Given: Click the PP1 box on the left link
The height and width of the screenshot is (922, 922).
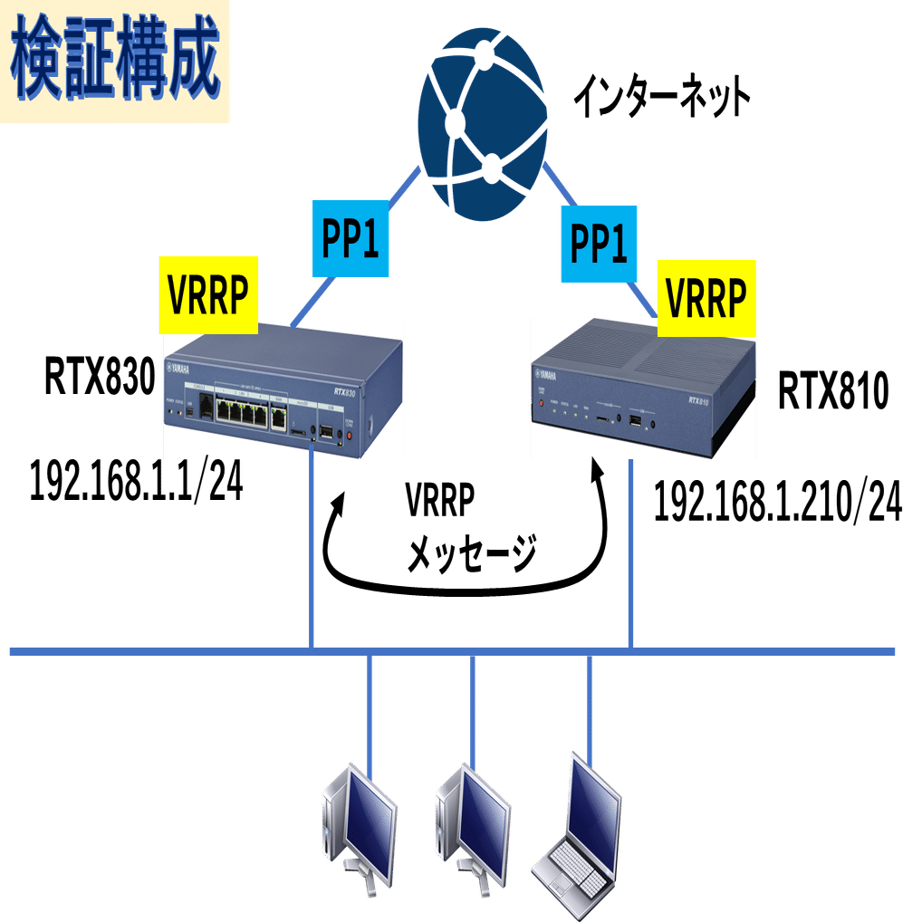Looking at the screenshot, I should point(349,239).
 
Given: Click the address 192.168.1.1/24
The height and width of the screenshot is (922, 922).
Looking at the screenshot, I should point(137,481).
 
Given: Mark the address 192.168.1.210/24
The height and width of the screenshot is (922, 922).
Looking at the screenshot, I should point(777,504).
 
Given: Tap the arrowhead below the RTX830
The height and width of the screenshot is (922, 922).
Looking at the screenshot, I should point(341,497).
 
